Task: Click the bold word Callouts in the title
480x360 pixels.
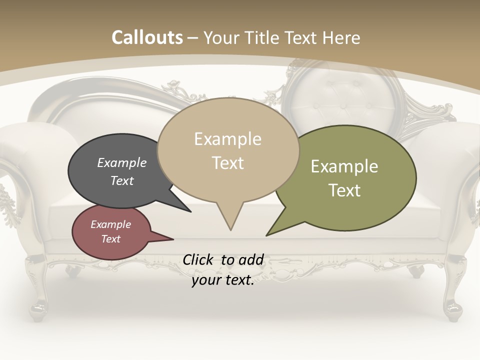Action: pos(147,37)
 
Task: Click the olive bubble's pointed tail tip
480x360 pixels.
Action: pos(267,235)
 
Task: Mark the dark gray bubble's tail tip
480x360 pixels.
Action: pos(190,211)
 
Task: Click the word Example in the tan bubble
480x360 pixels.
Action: pos(228,139)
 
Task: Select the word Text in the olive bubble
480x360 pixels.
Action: pos(344,190)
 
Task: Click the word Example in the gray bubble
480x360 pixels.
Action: pos(121,163)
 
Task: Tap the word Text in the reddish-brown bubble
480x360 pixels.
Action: pos(111,239)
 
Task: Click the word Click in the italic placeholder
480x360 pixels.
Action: pos(199,259)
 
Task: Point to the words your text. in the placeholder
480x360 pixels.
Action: pos(223,280)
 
